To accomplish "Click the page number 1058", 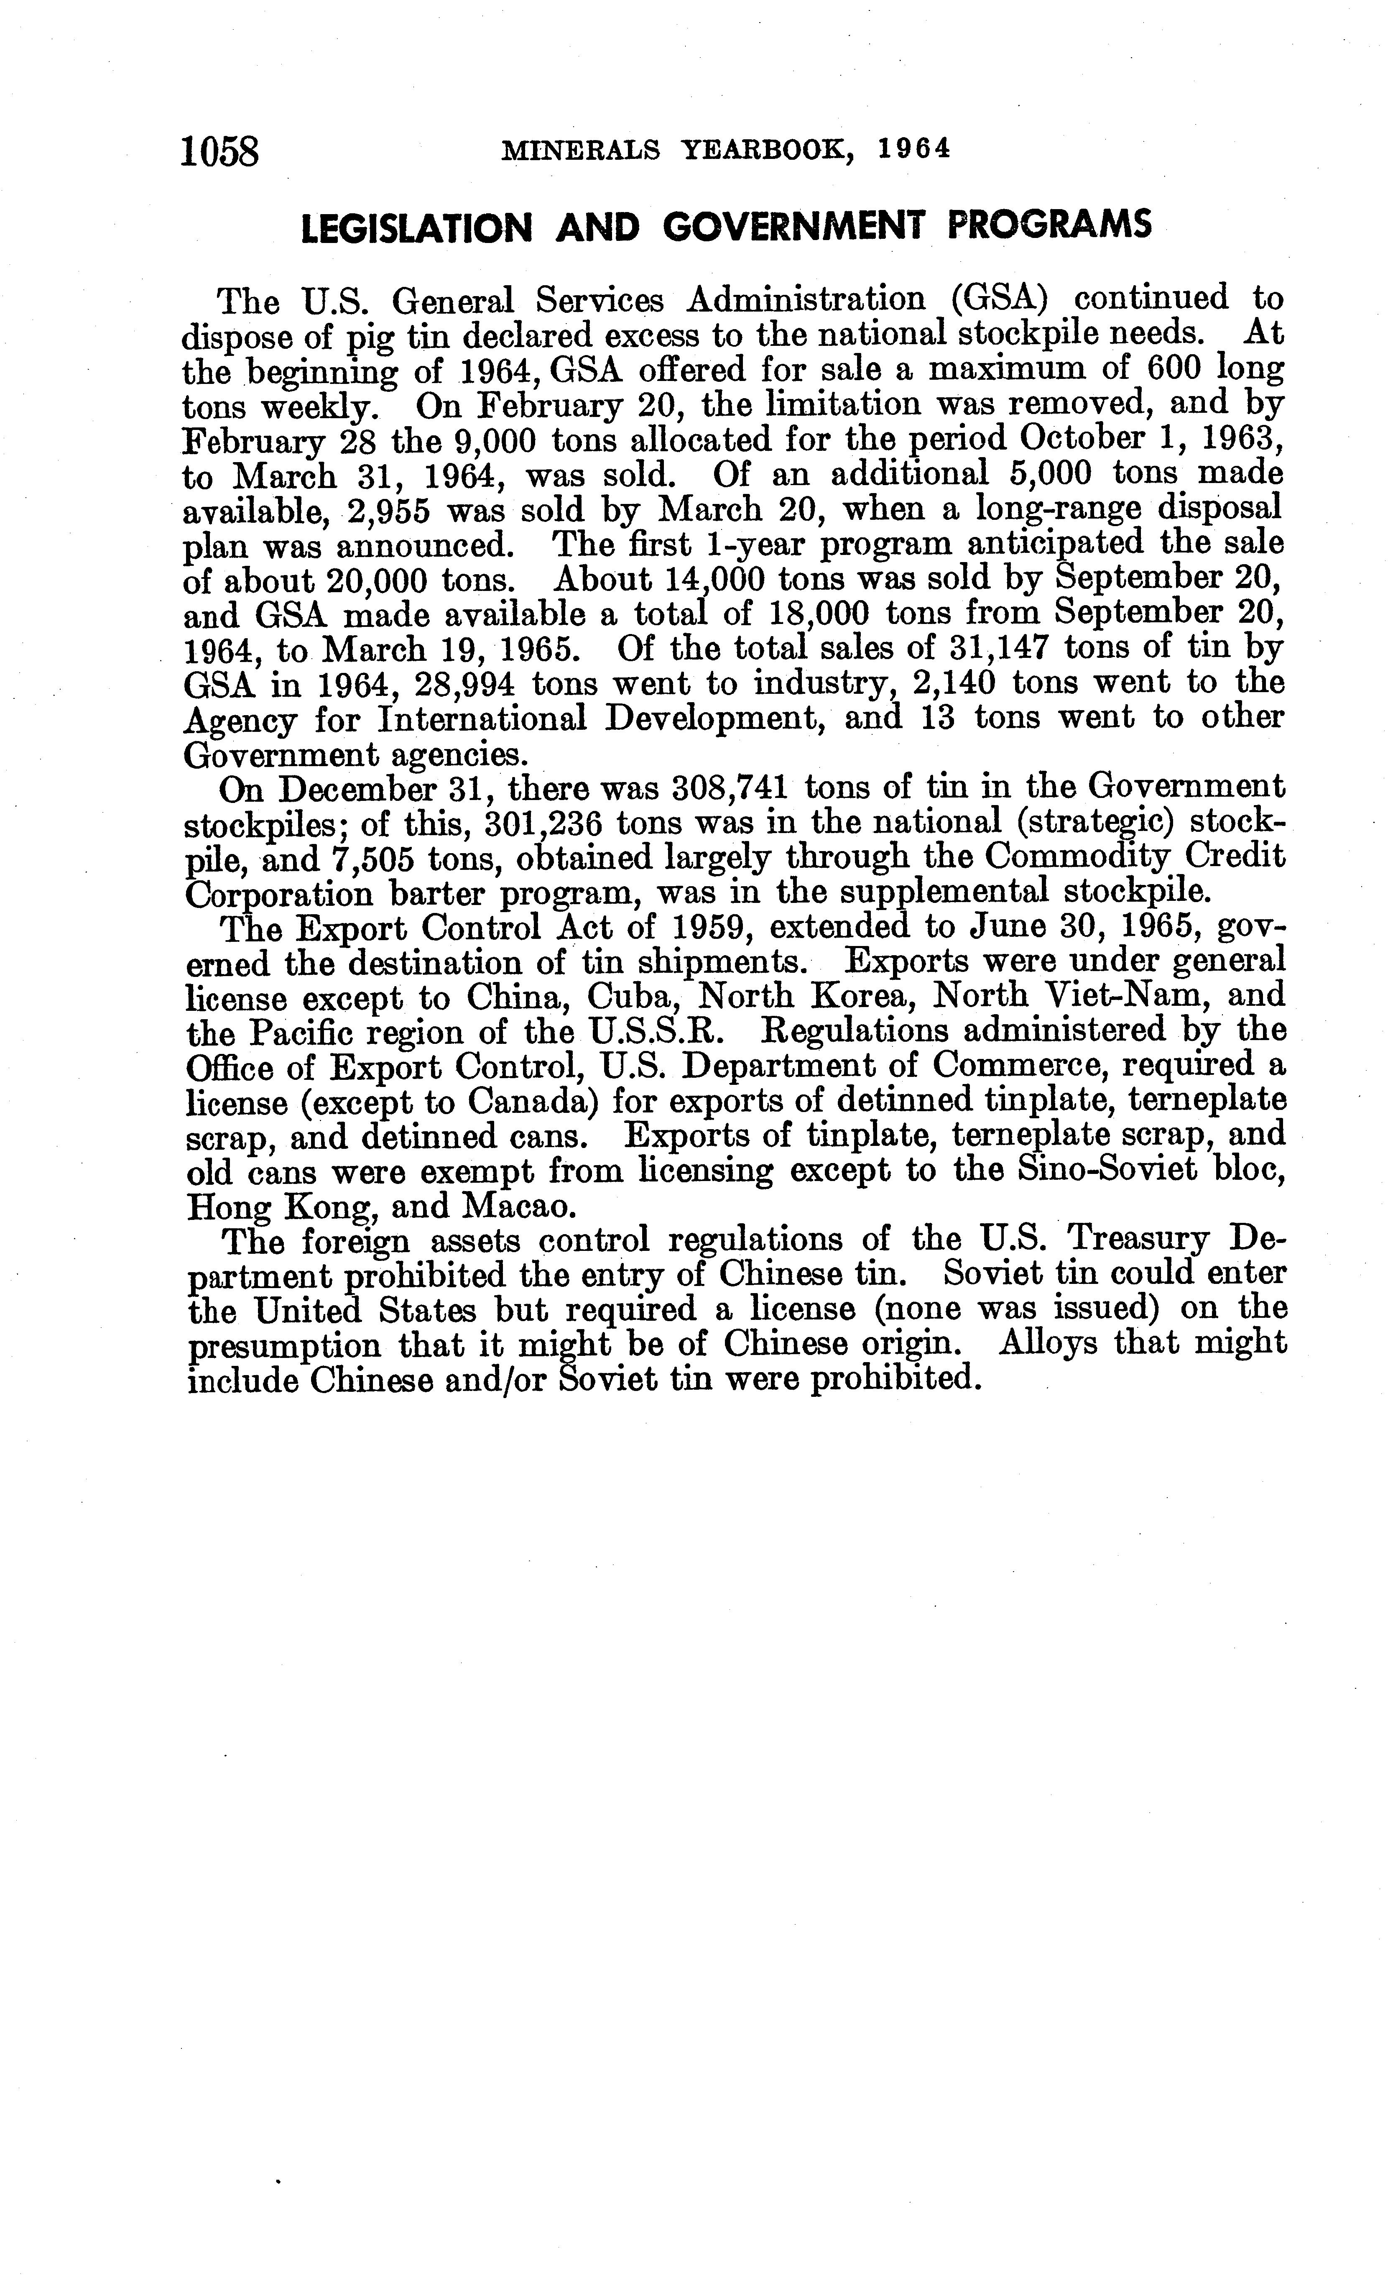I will [x=222, y=151].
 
